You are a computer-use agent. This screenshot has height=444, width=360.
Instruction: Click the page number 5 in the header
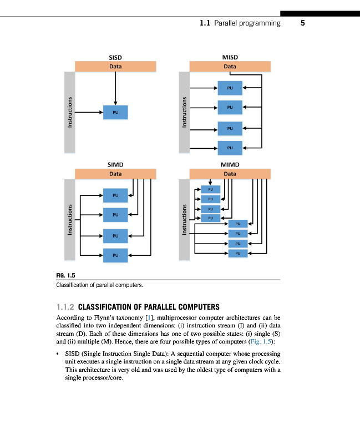tap(303, 23)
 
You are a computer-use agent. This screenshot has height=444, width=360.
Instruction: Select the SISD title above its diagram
tap(115, 57)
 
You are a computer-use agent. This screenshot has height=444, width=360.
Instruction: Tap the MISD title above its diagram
tap(230, 57)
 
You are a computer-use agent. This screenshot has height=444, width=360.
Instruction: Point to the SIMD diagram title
tap(115, 165)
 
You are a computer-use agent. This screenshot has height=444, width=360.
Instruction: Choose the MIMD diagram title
tap(230, 165)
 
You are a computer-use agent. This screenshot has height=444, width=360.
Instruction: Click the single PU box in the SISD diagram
tap(115, 112)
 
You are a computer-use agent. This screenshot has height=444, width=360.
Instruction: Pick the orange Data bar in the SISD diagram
tap(115, 67)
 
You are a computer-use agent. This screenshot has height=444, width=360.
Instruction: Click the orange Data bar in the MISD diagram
tap(230, 67)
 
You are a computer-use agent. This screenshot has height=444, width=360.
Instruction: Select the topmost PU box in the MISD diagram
tap(230, 87)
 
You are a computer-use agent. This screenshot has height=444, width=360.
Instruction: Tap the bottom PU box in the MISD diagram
tap(230, 148)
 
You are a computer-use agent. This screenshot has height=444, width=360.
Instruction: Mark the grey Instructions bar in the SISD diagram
tap(70, 112)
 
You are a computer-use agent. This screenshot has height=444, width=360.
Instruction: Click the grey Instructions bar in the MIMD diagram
tap(185, 220)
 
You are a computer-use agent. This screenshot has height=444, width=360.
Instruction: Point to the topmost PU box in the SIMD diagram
tap(115, 195)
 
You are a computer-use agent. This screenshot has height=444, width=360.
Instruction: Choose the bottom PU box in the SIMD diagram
tap(115, 255)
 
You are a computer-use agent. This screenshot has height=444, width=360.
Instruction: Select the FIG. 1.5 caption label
tap(65, 275)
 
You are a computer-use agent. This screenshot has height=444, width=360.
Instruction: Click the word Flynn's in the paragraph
tap(109, 317)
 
